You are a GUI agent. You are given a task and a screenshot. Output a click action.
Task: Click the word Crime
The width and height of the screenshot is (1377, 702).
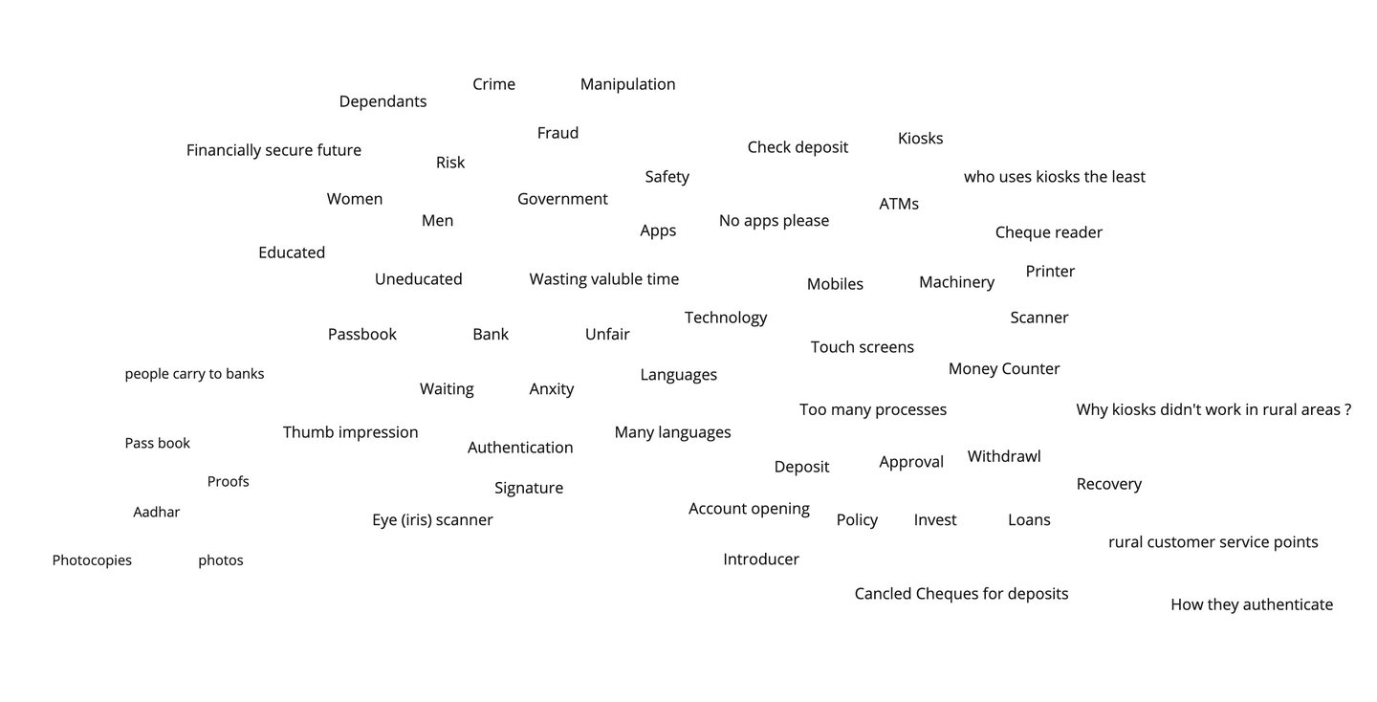(493, 84)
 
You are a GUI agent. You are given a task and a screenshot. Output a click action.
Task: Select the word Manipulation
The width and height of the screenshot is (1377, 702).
(627, 84)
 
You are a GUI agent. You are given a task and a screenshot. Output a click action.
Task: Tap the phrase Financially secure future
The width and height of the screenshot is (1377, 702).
(273, 150)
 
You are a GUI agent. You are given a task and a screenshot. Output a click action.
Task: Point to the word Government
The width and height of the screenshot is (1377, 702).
(562, 199)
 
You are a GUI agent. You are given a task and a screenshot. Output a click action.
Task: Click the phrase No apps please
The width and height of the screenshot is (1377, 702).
(774, 221)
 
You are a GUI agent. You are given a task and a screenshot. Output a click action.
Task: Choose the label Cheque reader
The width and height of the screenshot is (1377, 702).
(1048, 232)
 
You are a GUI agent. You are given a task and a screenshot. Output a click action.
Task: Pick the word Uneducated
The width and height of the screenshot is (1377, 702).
(418, 279)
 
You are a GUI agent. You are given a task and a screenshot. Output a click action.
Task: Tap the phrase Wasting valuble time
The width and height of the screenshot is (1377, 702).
(603, 279)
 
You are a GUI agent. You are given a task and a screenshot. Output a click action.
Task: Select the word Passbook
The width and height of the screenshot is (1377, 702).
(361, 334)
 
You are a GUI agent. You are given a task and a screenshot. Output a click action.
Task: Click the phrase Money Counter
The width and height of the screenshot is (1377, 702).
(1003, 368)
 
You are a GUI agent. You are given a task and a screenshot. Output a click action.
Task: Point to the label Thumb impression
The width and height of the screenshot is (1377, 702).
(350, 432)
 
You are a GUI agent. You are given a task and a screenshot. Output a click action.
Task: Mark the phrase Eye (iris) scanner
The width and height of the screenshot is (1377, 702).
(432, 520)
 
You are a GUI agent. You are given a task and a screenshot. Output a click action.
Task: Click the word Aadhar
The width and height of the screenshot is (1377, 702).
(156, 512)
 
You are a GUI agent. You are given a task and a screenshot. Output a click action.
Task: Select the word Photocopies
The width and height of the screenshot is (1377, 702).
(92, 560)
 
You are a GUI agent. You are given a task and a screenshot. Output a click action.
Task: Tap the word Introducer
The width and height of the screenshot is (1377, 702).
(760, 559)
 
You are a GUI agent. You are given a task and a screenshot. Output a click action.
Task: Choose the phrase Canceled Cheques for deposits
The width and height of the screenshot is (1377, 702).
(961, 594)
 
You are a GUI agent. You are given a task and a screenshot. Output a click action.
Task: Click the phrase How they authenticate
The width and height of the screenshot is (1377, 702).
(1251, 604)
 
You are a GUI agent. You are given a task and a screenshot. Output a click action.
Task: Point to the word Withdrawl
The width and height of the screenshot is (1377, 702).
(1003, 456)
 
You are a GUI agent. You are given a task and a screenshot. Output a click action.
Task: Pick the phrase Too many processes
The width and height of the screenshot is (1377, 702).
(872, 409)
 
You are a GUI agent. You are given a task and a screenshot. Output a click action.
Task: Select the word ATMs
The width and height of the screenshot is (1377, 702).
(898, 204)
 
